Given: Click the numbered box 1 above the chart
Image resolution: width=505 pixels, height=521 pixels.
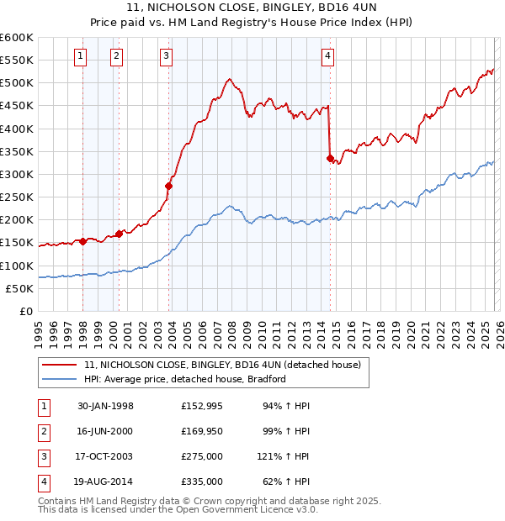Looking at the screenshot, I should coord(80,56).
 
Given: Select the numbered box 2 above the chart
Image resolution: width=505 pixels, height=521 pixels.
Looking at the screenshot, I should coord(115,56).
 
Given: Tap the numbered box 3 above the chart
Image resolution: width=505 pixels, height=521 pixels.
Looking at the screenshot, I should coord(166,56).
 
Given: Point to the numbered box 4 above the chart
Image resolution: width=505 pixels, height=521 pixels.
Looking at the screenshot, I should coord(327,56).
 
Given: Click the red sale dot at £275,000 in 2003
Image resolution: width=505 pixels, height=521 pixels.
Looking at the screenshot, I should coord(169,186).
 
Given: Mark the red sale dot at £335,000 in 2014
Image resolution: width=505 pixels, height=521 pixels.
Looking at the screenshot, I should coord(330,158).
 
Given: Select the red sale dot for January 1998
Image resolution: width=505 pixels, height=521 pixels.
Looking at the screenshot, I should coord(83,241).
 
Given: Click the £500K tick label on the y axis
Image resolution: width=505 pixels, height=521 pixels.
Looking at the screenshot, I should coord(17,83).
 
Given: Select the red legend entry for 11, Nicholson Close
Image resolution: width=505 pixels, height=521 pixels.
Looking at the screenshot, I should coord(222,365).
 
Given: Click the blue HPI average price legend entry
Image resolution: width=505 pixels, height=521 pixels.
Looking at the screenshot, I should coord(185,379).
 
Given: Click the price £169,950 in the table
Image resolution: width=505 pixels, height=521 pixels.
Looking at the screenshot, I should coord(201,431).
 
